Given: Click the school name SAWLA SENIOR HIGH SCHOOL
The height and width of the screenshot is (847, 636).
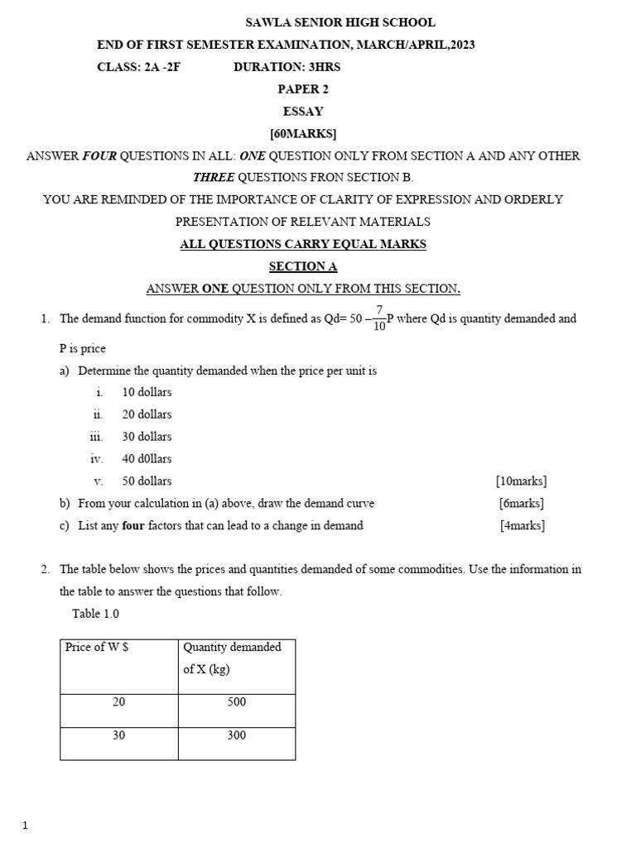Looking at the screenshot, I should (x=340, y=22).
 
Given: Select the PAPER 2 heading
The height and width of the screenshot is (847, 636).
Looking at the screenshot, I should (x=303, y=89).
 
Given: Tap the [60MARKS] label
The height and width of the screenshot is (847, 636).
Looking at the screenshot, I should (x=303, y=133).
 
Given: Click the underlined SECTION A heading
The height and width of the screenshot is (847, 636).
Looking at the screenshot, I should (x=303, y=266).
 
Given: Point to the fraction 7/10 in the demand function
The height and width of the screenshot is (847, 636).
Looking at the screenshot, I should (x=379, y=318).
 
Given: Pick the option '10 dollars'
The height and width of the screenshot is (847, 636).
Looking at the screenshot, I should (x=147, y=392).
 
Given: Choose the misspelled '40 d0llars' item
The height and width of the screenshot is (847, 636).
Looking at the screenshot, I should (x=147, y=458).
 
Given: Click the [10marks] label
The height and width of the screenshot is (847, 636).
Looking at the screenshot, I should (x=521, y=481).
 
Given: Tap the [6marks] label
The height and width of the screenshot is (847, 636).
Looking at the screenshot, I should (x=521, y=503).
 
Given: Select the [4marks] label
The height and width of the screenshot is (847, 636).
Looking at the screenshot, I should (x=523, y=525).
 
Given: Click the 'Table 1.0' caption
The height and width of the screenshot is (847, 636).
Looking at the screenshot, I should (x=96, y=614).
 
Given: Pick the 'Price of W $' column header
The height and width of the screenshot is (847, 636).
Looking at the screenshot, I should (x=97, y=648).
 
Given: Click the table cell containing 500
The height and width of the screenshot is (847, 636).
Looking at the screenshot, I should (x=236, y=702).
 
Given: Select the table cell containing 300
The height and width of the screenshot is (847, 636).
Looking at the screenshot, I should (x=236, y=735).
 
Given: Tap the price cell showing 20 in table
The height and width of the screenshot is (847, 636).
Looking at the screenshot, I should (x=119, y=702).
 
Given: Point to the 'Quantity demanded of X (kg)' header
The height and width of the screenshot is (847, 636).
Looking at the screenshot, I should (x=232, y=658).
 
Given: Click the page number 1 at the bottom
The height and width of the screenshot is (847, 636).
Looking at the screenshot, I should (x=25, y=825).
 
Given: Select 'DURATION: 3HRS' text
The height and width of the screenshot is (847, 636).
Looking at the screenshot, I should (x=287, y=67).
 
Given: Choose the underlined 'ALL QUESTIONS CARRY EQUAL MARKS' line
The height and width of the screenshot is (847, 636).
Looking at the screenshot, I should (x=303, y=244).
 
